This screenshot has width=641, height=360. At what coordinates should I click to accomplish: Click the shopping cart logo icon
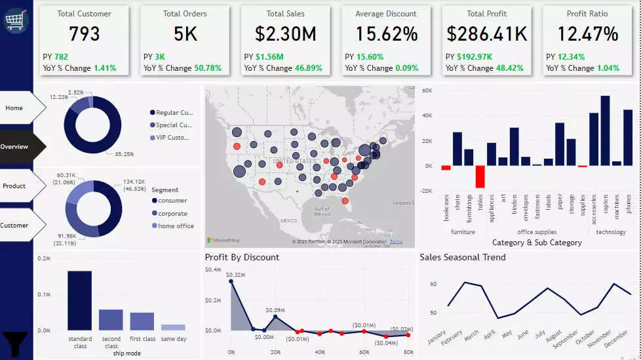point(16,20)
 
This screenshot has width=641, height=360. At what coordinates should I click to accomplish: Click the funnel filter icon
point(16,343)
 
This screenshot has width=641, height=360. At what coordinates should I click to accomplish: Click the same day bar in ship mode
point(173,327)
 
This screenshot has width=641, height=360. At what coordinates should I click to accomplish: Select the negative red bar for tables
point(480,176)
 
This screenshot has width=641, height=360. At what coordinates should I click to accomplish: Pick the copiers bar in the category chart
point(605,130)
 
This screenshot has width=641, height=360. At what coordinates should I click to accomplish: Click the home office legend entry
point(176,226)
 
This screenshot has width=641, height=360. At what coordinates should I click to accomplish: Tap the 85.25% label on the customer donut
point(123,154)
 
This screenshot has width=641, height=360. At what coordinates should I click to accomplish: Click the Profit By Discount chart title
point(242,258)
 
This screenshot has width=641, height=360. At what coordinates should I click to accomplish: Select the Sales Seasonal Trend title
point(462,258)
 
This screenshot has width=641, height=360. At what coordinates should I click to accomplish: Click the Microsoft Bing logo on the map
point(223,241)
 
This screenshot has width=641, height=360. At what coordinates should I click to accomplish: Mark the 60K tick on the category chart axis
point(427,90)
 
